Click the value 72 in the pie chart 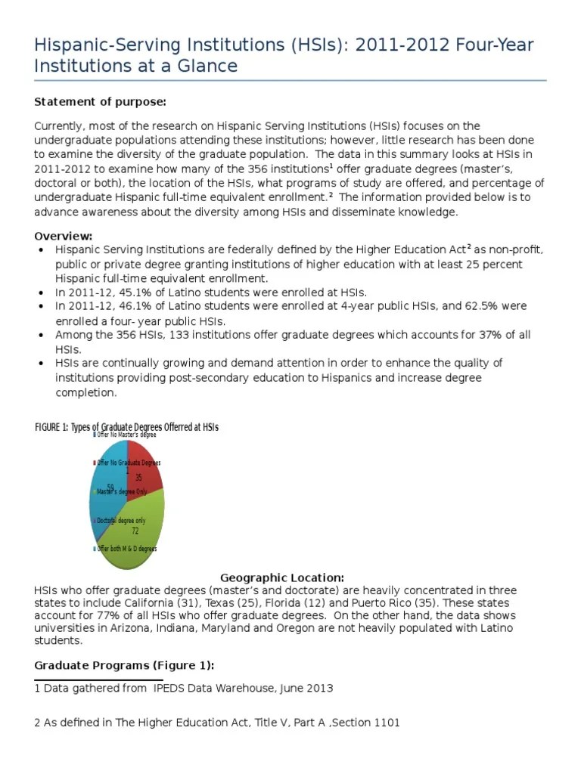pos(135,531)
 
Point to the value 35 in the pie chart pos(138,478)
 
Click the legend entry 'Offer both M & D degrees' pos(126,549)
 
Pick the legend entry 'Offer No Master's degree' pos(126,435)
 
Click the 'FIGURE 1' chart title pos(126,427)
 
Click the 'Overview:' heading pos(64,236)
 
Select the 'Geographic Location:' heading pos(282,577)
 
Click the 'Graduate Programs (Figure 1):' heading pos(124,665)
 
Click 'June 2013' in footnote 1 pos(305,689)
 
